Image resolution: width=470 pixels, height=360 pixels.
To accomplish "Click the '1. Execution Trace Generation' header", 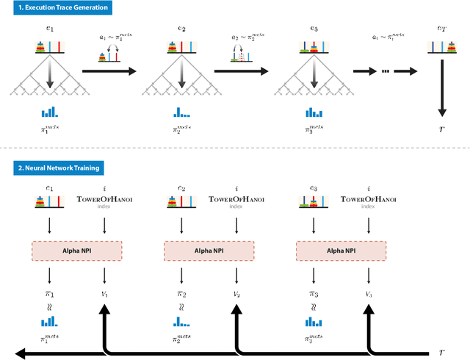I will click(x=55, y=8).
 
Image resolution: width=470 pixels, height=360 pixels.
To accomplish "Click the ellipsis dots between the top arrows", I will click(x=383, y=71).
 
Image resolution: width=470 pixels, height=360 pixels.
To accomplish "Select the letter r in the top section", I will click(x=441, y=137).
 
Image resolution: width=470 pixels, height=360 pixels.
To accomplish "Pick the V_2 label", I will click(x=235, y=294).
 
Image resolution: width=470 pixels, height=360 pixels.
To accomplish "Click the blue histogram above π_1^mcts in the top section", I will click(x=49, y=112).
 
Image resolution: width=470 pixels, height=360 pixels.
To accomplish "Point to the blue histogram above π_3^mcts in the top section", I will click(x=314, y=112).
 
